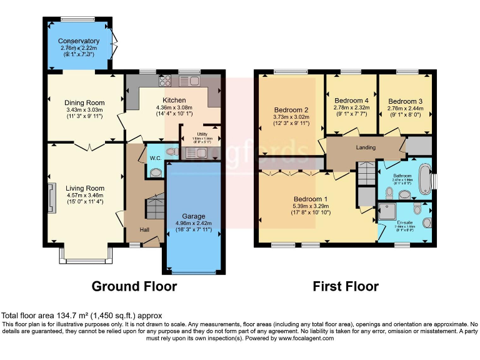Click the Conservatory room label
[79, 41]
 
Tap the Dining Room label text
[84, 102]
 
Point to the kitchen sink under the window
[189, 81]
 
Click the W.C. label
[155, 158]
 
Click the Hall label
[144, 230]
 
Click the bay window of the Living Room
[85, 254]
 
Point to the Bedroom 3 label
[405, 101]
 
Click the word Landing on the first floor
[366, 147]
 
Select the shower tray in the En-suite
[387, 210]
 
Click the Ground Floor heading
[134, 286]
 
